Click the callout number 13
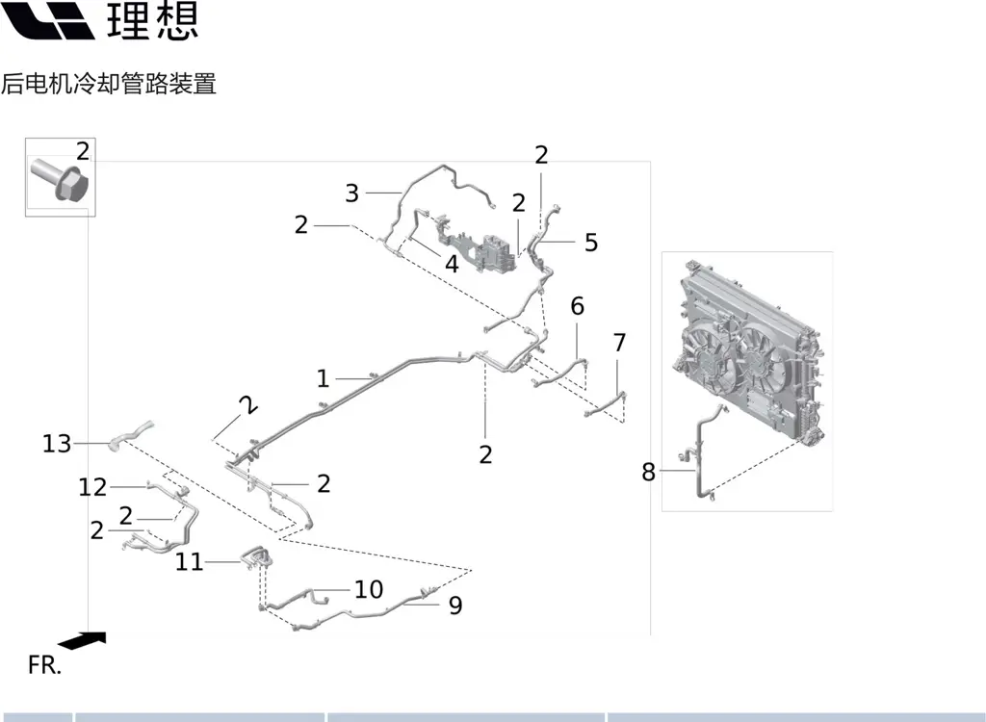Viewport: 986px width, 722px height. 57,444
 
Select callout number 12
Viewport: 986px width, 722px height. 92,487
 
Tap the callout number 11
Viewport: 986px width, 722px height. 189,561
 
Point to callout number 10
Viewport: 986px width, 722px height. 369,589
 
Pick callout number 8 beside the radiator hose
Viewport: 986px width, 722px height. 648,472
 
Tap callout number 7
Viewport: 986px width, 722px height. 619,343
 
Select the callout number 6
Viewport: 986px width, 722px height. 577,307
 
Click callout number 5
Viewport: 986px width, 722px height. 591,243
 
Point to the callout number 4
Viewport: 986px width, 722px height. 452,263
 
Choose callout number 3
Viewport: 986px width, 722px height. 351,193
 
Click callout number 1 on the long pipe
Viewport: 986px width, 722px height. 323,378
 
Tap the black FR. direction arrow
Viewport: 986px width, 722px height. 82,639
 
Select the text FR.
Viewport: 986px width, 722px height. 44,665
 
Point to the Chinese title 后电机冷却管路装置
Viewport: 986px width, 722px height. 109,84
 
